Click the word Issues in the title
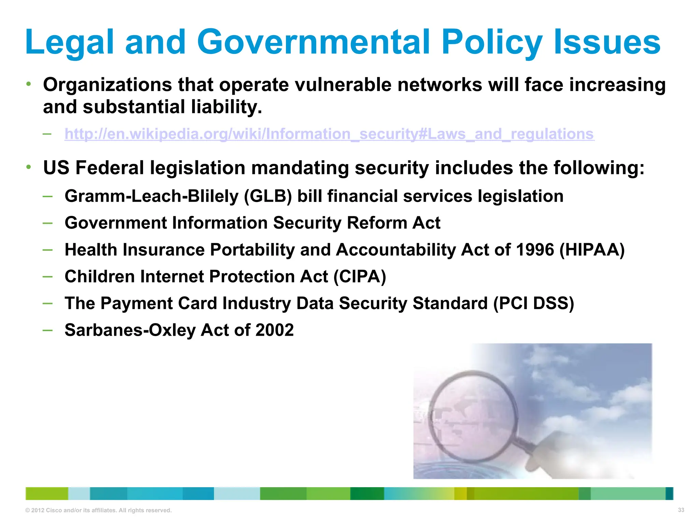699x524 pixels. click(x=607, y=42)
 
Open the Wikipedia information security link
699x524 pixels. click(x=329, y=134)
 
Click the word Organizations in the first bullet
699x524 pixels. click(x=107, y=85)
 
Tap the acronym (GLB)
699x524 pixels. click(x=268, y=196)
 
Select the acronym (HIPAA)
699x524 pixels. click(x=592, y=250)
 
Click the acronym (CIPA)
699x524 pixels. click(x=360, y=277)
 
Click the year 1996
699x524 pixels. click(x=535, y=250)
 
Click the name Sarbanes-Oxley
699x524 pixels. click(x=130, y=330)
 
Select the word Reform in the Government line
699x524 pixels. click(x=376, y=223)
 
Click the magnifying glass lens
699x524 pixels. click(x=471, y=416)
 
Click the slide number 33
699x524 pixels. click(x=681, y=510)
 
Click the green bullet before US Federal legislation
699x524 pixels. click(x=29, y=167)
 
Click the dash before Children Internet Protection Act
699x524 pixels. click(x=48, y=276)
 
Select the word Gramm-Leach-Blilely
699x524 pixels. click(x=151, y=196)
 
